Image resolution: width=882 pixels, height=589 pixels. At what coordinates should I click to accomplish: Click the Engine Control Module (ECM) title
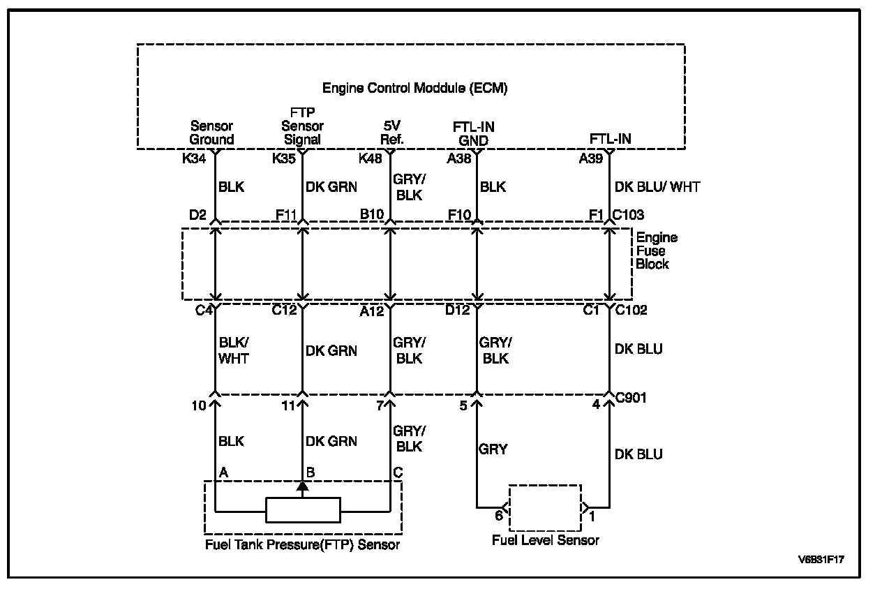point(414,89)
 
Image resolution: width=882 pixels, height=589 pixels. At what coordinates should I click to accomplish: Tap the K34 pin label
point(195,158)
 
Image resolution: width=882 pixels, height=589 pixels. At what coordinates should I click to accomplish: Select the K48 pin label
point(371,158)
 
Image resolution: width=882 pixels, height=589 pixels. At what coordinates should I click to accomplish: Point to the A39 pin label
point(591,158)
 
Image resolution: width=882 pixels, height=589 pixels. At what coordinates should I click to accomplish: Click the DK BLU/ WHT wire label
point(657,187)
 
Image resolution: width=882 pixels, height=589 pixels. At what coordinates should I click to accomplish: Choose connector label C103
point(629,214)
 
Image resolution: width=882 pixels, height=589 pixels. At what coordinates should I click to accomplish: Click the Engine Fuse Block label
point(655,251)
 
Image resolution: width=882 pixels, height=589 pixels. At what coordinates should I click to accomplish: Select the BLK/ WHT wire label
point(233,351)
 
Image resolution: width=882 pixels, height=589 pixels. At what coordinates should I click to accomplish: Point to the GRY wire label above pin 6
point(493,449)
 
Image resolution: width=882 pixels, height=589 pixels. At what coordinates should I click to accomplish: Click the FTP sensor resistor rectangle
point(303,510)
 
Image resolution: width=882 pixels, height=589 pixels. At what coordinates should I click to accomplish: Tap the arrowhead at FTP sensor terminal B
point(302,486)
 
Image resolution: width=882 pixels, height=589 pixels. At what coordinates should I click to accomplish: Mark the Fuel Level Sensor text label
point(545,541)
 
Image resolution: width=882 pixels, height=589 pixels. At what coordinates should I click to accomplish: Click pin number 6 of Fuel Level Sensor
point(499,516)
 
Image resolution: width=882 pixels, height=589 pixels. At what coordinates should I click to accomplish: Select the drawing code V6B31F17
point(826,560)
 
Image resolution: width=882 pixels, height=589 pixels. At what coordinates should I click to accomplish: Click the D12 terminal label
point(457,311)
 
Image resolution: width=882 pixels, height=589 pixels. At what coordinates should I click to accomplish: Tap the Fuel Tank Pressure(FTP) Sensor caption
point(302,544)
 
